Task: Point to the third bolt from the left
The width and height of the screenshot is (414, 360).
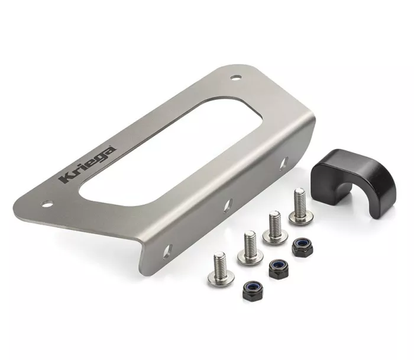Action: (274, 228)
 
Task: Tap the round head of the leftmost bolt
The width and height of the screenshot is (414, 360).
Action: (219, 277)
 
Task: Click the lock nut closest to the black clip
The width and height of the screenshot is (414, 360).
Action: (302, 246)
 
